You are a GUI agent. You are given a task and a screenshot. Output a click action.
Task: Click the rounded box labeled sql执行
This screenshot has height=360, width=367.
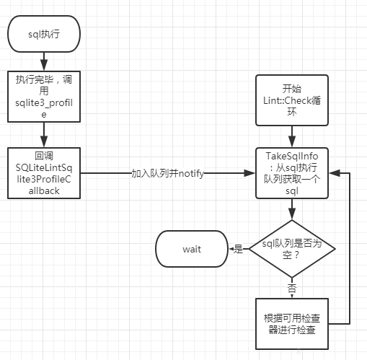tap(43, 33)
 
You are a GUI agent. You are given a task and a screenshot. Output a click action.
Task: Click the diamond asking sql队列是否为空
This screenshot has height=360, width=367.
tap(292, 248)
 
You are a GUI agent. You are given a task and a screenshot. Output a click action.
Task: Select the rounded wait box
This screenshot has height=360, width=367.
tap(191, 249)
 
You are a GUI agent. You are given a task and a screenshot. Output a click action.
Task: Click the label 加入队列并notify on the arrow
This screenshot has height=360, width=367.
tap(168, 174)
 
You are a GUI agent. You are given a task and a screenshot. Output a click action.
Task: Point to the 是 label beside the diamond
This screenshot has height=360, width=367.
tap(237, 249)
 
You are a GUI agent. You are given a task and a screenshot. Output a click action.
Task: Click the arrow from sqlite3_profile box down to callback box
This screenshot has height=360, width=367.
tap(43, 134)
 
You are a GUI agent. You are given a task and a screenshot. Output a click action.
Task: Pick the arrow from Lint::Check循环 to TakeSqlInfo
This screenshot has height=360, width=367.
tap(292, 134)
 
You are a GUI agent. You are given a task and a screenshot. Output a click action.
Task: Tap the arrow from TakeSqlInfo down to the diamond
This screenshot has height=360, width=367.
tap(292, 209)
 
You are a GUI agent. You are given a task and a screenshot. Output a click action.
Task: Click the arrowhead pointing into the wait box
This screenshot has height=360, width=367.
tap(229, 249)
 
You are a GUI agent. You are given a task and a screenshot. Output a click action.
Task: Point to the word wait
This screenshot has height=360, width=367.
tap(191, 249)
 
